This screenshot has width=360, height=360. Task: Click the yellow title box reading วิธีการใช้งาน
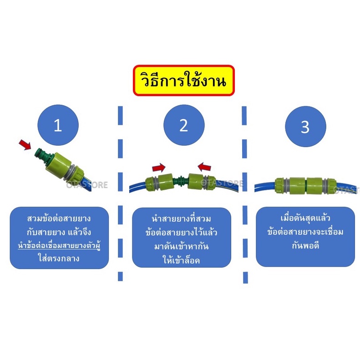click(184, 80)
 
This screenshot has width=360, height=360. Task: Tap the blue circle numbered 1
click(58, 125)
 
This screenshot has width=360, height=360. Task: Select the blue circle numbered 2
click(184, 125)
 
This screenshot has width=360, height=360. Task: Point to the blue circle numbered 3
click(305, 126)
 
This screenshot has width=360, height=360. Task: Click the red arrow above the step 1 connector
click(25, 144)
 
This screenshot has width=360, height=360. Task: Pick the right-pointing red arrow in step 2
click(159, 167)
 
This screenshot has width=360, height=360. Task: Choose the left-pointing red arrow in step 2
click(204, 167)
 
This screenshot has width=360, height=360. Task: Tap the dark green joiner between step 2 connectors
click(180, 180)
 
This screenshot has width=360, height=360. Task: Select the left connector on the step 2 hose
click(159, 182)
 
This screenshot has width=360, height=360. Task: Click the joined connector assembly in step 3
click(305, 185)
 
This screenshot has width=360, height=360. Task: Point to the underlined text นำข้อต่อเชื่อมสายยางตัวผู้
click(59, 246)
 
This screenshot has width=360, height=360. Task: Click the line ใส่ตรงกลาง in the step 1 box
click(59, 259)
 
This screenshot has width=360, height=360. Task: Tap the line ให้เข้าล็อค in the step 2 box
click(182, 260)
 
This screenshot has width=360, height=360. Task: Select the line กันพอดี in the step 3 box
click(305, 246)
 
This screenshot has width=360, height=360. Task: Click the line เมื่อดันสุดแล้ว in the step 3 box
click(305, 218)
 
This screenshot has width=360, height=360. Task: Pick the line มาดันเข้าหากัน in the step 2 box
click(182, 246)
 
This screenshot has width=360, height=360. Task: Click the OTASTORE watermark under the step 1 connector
click(87, 185)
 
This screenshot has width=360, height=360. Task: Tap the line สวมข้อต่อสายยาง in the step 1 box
click(59, 218)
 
